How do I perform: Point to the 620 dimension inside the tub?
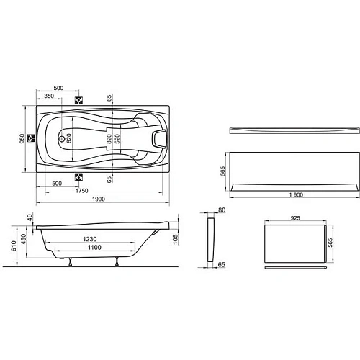[x=70, y=137]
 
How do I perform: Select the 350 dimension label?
[x=49, y=96]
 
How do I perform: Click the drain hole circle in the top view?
[x=60, y=137]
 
